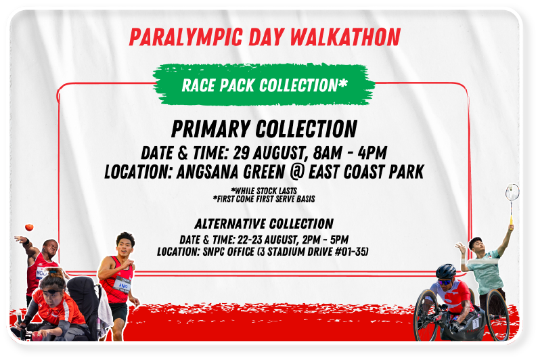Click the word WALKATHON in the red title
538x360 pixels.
[x=345, y=37]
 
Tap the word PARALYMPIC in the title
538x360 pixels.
[x=186, y=37]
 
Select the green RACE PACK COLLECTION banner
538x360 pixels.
[x=263, y=85]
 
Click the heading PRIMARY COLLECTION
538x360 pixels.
[x=264, y=129]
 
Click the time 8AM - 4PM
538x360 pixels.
[x=350, y=153]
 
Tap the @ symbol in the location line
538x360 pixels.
[x=297, y=172]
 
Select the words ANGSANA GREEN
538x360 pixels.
[x=231, y=172]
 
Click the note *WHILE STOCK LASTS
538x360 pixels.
[x=264, y=191]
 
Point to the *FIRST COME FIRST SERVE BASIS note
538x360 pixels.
[x=264, y=199]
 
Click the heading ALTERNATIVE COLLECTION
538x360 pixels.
[x=264, y=224]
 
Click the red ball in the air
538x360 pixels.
[x=29, y=227]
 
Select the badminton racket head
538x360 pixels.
[x=512, y=192]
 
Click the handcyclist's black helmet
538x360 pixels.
[x=446, y=271]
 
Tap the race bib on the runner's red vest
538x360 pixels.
[x=122, y=284]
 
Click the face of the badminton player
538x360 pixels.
[x=477, y=246]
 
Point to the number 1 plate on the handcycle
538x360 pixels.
[x=475, y=323]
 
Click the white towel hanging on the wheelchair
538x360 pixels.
[x=106, y=311]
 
